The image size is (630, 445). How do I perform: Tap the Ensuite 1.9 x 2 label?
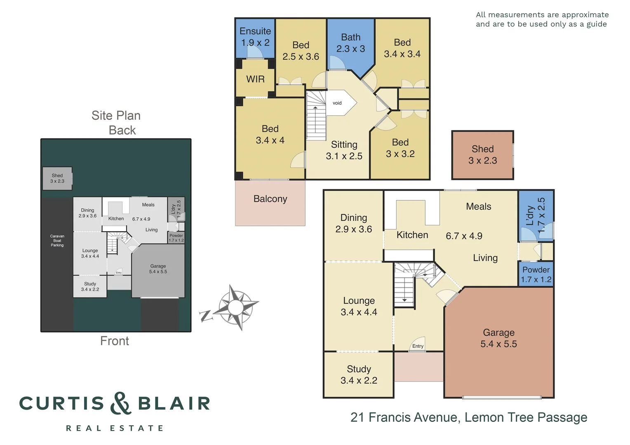pyautogui.click(x=255, y=37)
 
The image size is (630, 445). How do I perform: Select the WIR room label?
pyautogui.click(x=255, y=79)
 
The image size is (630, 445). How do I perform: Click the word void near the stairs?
pyautogui.click(x=337, y=103)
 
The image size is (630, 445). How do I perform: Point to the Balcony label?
pyautogui.click(x=270, y=199)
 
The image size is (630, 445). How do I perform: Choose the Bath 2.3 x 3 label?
pyautogui.click(x=350, y=43)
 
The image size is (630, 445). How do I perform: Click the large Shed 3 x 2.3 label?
pyautogui.click(x=482, y=155)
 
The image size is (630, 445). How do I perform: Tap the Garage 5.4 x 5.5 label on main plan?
pyautogui.click(x=498, y=338)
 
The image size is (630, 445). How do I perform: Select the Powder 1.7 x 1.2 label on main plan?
pyautogui.click(x=536, y=274)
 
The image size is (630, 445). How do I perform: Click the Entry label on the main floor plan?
pyautogui.click(x=418, y=346)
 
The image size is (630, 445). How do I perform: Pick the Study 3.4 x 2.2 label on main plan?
pyautogui.click(x=359, y=375)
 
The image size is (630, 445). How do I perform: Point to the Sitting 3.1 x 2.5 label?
pyautogui.click(x=344, y=150)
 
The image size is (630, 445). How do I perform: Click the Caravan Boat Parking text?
pyautogui.click(x=57, y=241)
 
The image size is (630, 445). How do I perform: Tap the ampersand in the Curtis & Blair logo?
pyautogui.click(x=120, y=403)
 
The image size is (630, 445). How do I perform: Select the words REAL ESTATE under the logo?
pyautogui.click(x=115, y=429)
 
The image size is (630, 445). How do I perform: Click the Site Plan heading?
pyautogui.click(x=116, y=115)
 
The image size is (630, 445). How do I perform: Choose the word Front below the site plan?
pyautogui.click(x=115, y=341)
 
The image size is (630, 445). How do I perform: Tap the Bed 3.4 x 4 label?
pyautogui.click(x=270, y=134)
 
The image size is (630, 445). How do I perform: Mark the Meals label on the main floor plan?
pyautogui.click(x=478, y=206)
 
